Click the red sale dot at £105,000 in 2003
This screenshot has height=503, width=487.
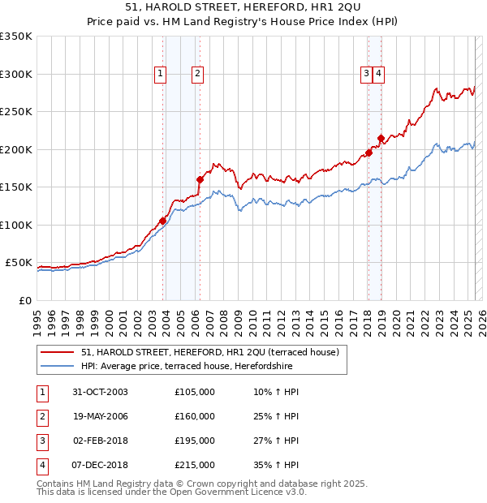tap(163, 221)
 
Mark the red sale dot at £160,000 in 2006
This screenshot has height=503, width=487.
tap(200, 179)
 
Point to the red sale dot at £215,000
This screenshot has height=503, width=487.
tap(381, 138)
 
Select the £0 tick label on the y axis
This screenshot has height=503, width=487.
tap(25, 300)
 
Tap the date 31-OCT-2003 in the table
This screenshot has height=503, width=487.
tap(101, 392)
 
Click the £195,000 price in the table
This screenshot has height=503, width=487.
tap(195, 441)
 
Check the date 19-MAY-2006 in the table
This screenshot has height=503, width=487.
tap(101, 416)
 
